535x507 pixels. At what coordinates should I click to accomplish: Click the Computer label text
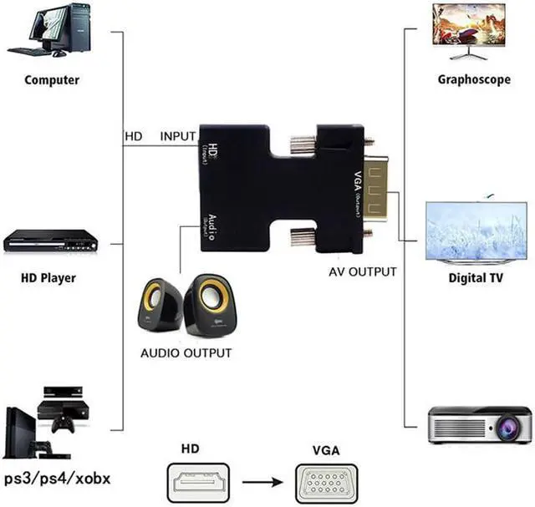[52, 80]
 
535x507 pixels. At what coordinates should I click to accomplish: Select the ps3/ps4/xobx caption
[57, 479]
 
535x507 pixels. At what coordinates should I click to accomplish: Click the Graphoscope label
[469, 80]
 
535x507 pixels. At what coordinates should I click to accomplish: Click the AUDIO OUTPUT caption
[186, 352]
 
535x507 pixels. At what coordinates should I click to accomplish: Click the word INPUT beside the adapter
[177, 135]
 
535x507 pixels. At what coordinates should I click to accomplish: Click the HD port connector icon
[202, 483]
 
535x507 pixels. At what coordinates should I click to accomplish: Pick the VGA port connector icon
[326, 483]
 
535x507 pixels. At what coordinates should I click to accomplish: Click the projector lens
[506, 427]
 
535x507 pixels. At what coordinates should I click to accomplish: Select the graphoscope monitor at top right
[468, 25]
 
